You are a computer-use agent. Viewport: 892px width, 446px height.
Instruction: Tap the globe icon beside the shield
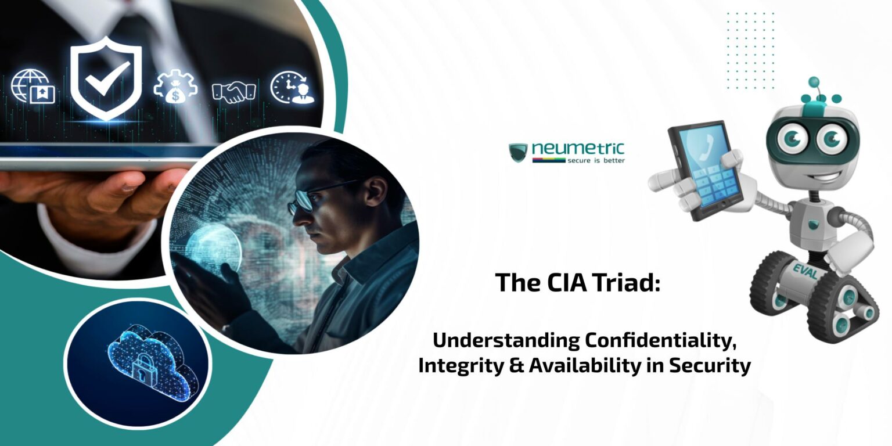33,87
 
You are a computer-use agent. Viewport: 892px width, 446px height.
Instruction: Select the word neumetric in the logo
578,149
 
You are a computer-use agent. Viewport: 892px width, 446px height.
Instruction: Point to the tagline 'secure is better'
596,160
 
